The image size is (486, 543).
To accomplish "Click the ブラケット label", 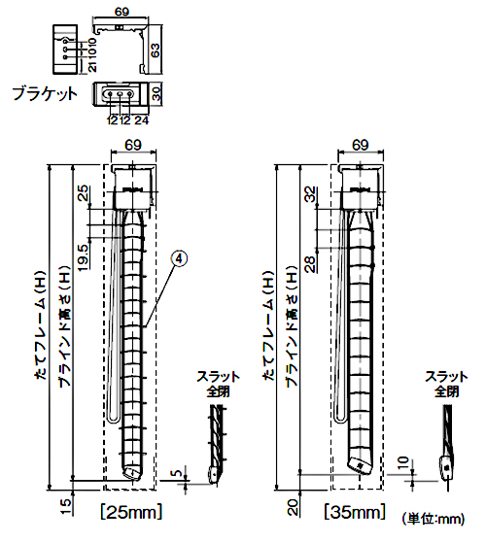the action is (x=45, y=93).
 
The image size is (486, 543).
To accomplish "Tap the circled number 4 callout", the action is (x=180, y=258).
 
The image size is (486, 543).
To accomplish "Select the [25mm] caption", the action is (x=131, y=512).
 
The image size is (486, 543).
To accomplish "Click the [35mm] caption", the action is (x=355, y=512).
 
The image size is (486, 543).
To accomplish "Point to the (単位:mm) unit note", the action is (x=433, y=519).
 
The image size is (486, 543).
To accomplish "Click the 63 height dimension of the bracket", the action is (x=156, y=50).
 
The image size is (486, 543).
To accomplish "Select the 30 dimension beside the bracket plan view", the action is (x=156, y=93).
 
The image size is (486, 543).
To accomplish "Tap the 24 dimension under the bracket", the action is (x=141, y=120).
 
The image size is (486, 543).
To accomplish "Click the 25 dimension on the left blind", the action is (x=84, y=194).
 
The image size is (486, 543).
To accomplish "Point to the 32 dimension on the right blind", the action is (x=311, y=194).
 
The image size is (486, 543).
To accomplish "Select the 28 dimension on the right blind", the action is (x=311, y=264).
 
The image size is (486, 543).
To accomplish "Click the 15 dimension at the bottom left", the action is (x=66, y=506).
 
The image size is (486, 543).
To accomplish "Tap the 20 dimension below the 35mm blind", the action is (x=293, y=508).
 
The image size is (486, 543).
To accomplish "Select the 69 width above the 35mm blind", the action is (x=361, y=145).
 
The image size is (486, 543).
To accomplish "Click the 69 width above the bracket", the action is (x=121, y=12).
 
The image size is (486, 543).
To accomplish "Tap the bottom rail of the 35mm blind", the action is (x=360, y=465).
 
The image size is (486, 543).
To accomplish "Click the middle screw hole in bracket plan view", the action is (x=120, y=93).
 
